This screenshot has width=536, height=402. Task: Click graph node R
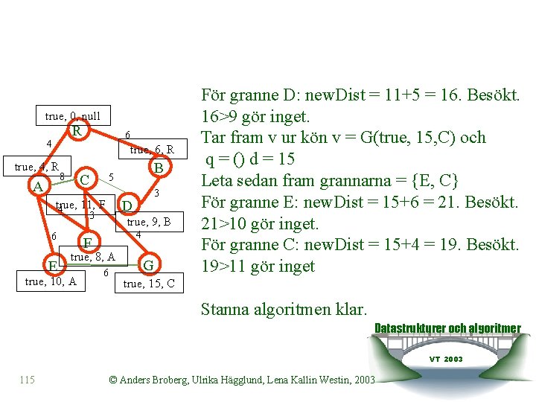[x=76, y=132]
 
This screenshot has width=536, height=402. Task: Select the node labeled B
[x=157, y=167]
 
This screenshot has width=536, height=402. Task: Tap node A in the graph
[x=37, y=185]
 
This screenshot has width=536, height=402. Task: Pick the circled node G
[x=150, y=265]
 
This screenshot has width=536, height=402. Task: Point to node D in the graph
[x=127, y=205]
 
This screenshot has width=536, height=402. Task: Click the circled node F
[x=87, y=243]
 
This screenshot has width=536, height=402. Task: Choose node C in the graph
[x=86, y=179]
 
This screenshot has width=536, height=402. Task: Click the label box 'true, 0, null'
[x=72, y=116]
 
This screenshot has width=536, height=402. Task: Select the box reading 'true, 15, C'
[x=149, y=284]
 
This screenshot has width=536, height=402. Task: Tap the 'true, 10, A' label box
[x=51, y=281]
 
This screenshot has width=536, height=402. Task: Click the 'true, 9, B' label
[x=149, y=222]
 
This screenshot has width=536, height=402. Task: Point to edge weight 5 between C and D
[x=110, y=177]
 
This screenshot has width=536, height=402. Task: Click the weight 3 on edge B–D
[x=157, y=193]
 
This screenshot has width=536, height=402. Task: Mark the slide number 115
[x=28, y=380]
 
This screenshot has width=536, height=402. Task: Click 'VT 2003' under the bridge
[x=446, y=359]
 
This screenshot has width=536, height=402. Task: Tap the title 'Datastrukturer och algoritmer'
[x=447, y=328]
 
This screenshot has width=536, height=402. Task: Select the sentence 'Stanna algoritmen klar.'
[x=284, y=308]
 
